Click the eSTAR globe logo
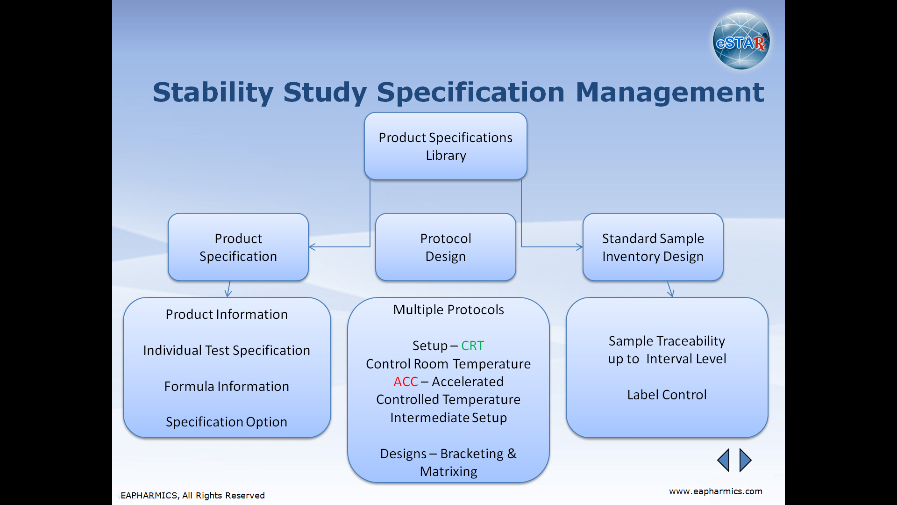pos(741,41)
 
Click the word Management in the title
pos(670,93)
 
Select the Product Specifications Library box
pos(446,146)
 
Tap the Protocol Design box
pos(446,247)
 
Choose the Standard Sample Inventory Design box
pos(653,247)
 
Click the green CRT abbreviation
pos(472,346)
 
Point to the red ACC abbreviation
pos(406,382)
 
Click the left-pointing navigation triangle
pos(723,460)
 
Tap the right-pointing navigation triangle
pos(746,460)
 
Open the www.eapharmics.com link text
pos(716,491)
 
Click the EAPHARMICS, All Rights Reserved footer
pos(192,496)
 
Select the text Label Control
pos(667,395)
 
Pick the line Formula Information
pos(227,386)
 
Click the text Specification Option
pos(227,422)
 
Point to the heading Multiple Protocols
pos(448,310)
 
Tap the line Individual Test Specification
pos(227,350)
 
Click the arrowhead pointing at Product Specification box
pos(312,247)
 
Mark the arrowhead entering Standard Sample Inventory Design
pos(580,247)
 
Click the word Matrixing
pos(448,472)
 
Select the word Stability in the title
pos(213,93)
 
